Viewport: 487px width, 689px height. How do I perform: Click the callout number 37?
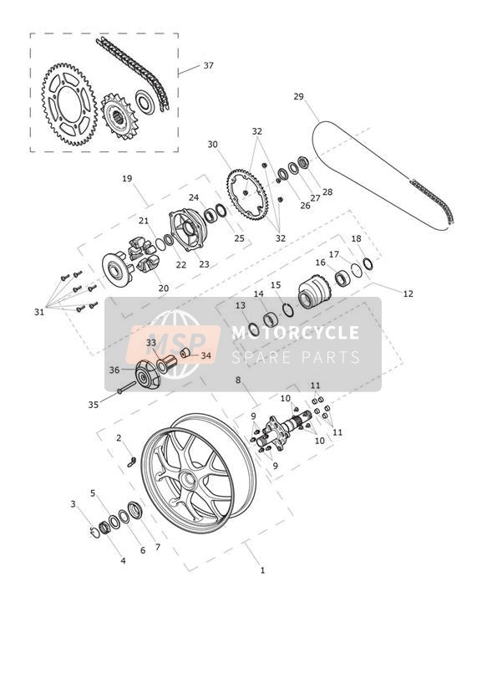pyautogui.click(x=208, y=65)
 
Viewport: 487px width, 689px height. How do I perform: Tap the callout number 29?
pyautogui.click(x=298, y=97)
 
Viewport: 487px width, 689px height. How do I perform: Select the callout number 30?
pyautogui.click(x=212, y=144)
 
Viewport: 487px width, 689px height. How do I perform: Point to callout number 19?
pyautogui.click(x=127, y=179)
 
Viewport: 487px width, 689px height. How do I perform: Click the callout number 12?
pyautogui.click(x=408, y=293)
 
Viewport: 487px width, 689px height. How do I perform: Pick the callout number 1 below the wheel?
pyautogui.click(x=262, y=570)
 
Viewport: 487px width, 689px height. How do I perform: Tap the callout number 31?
pyautogui.click(x=39, y=312)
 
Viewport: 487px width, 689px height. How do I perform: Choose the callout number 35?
pyautogui.click(x=93, y=405)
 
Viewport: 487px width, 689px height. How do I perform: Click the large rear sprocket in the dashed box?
pyautogui.click(x=69, y=105)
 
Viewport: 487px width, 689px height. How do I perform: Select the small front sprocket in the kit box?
pyautogui.click(x=118, y=116)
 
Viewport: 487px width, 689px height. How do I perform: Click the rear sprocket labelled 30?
pyautogui.click(x=246, y=193)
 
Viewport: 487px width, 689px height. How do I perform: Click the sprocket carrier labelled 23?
pyautogui.click(x=189, y=230)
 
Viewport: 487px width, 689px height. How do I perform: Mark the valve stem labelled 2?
pyautogui.click(x=131, y=461)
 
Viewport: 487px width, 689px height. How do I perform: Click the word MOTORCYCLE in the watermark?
pyautogui.click(x=295, y=332)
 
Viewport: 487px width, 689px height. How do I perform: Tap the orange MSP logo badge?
pyautogui.click(x=173, y=344)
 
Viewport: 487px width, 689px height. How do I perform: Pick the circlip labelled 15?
pyautogui.click(x=288, y=309)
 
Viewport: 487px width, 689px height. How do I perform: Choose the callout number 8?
pyautogui.click(x=238, y=380)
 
